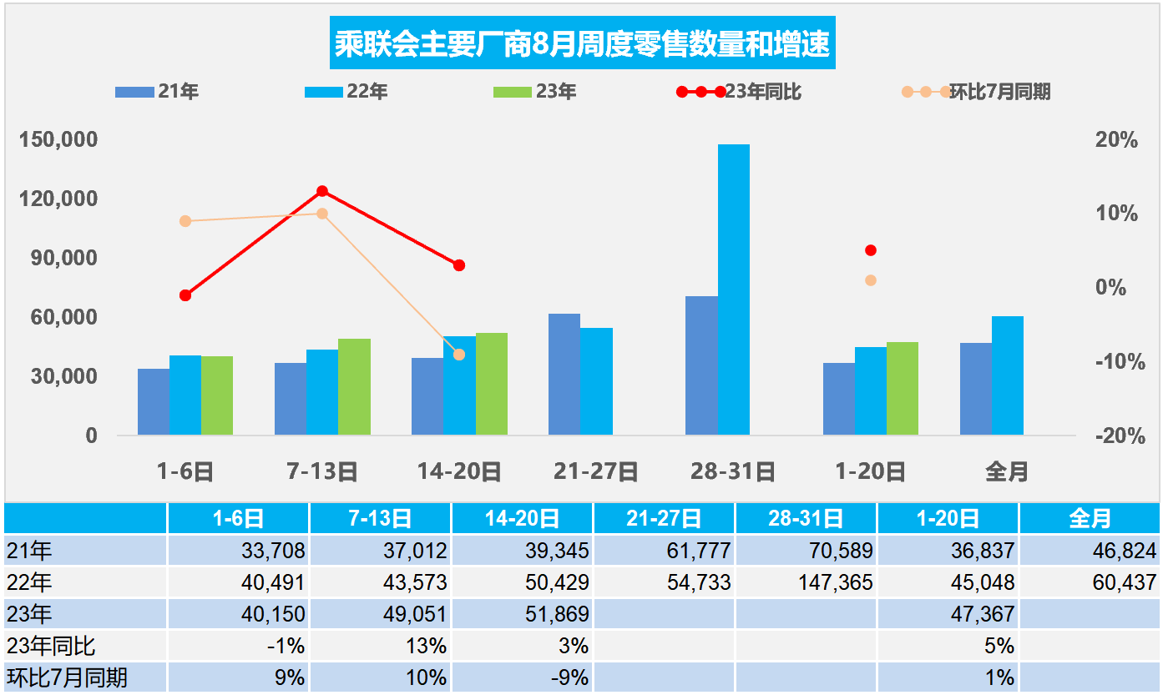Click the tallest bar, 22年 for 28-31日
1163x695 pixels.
click(x=733, y=290)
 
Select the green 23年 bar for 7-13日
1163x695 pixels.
click(x=354, y=386)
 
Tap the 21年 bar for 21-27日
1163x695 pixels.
click(x=564, y=374)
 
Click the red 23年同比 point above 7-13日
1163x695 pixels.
click(x=322, y=191)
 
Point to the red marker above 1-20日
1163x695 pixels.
click(x=871, y=250)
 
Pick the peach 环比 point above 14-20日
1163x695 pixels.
click(x=459, y=355)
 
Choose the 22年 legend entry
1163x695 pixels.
click(x=346, y=92)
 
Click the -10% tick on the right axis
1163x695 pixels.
click(x=1116, y=362)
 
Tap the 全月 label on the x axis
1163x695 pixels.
click(x=1007, y=472)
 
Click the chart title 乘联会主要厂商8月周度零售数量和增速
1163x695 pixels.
click(x=583, y=44)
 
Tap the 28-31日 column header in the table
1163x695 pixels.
click(x=807, y=519)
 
